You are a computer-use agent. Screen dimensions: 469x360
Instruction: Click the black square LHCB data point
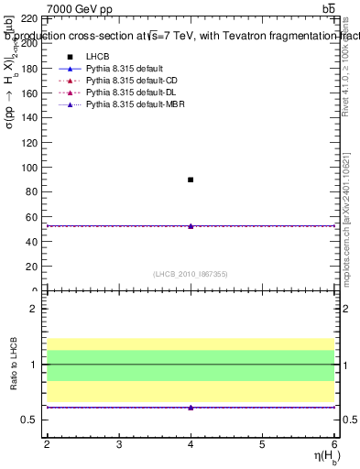[x=191, y=180]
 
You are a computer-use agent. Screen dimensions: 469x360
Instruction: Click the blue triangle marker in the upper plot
[x=191, y=225]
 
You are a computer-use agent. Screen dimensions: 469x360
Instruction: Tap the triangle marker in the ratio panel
[x=191, y=407]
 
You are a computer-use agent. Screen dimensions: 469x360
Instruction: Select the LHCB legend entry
[x=97, y=58]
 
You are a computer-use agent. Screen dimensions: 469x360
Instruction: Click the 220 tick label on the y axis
[x=28, y=18]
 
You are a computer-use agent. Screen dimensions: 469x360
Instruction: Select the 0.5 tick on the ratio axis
[x=31, y=420]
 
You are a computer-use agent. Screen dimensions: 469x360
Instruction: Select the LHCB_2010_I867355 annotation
[x=190, y=275]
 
